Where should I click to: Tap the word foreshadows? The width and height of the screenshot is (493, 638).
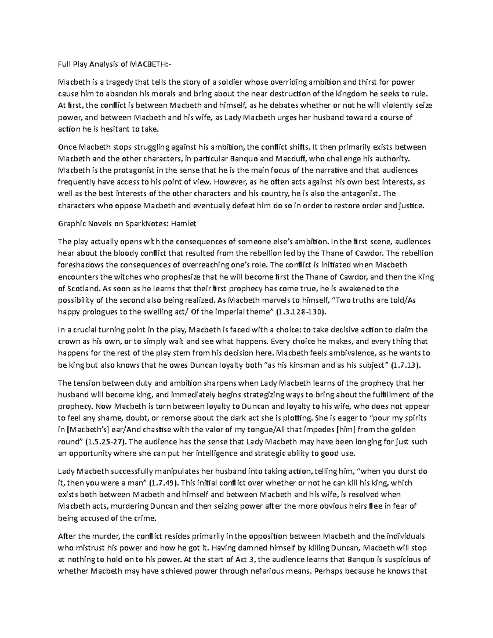78,265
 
